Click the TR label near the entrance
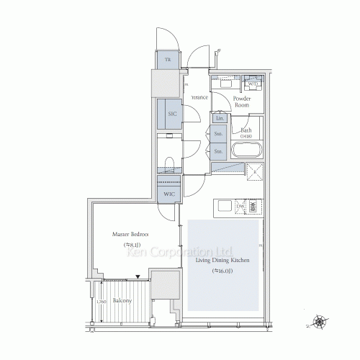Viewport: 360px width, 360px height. tap(168, 60)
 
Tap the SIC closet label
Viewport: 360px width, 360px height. tap(173, 114)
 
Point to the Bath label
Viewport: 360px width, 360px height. tap(247, 132)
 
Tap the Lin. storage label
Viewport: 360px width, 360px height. tap(220, 118)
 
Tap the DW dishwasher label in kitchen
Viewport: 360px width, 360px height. tap(240, 207)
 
